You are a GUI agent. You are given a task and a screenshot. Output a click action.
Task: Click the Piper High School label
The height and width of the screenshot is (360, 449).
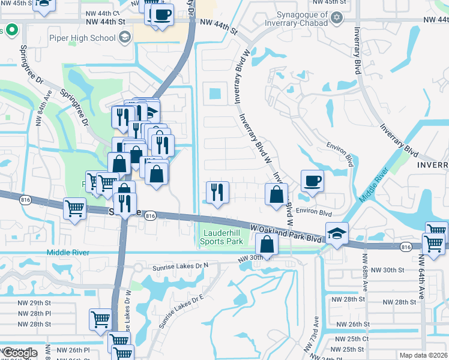(x=82, y=38)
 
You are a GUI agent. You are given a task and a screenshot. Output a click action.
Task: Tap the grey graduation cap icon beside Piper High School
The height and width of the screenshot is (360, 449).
(x=124, y=38)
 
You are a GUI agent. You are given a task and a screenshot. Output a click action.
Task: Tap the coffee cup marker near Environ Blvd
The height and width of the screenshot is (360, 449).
(x=312, y=181)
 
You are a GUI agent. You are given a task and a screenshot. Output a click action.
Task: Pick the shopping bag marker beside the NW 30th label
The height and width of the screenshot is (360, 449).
(x=267, y=244)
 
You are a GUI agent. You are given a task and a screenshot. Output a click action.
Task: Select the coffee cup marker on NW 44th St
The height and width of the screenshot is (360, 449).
(x=161, y=14)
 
